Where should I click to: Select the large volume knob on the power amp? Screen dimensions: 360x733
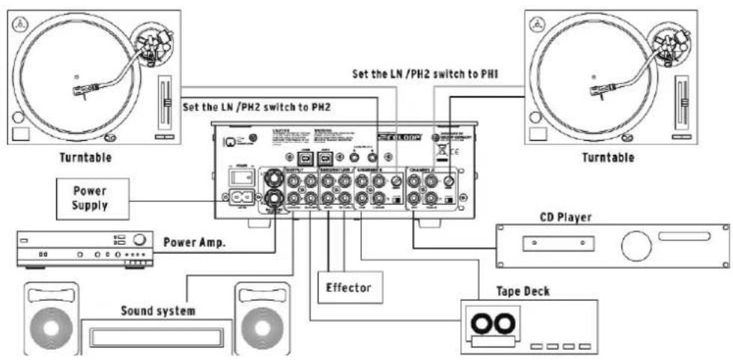click(139, 240)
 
